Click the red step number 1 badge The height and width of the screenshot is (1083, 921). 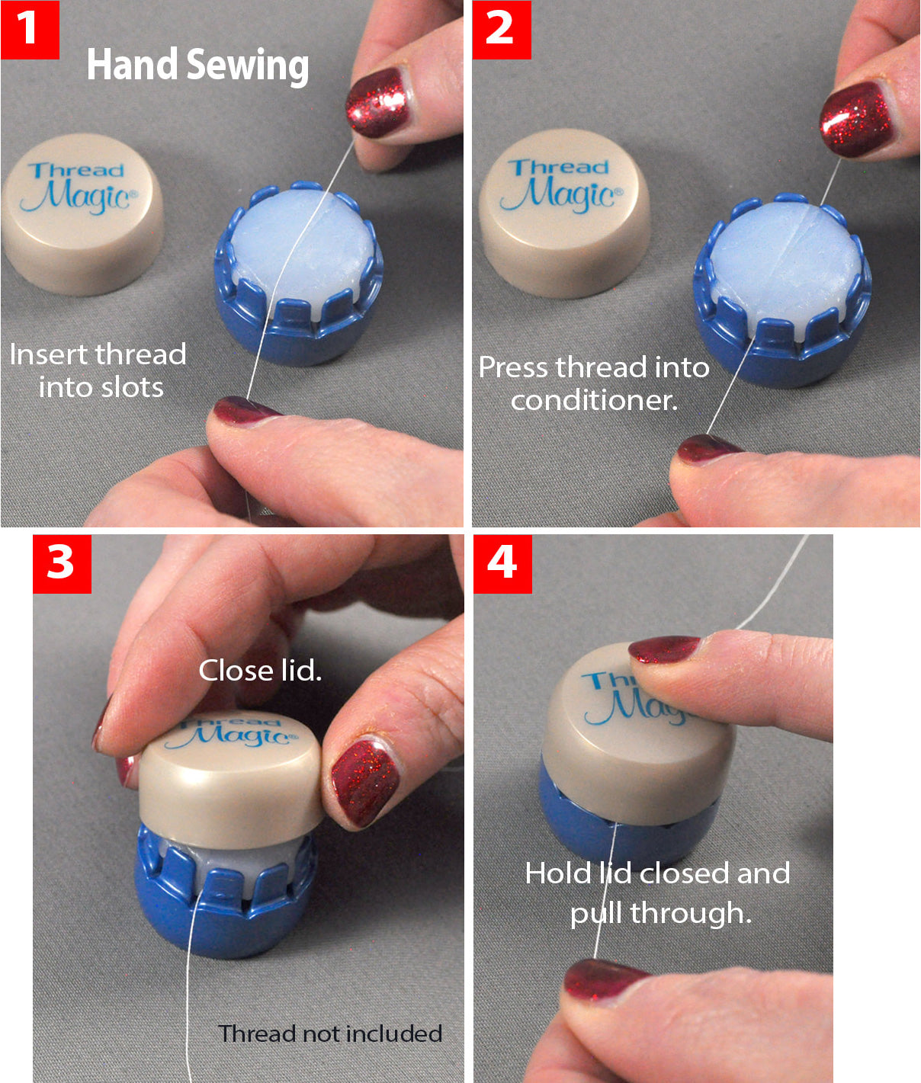tap(29, 30)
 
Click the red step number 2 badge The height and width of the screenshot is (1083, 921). tap(501, 30)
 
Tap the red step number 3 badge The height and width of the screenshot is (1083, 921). tap(62, 564)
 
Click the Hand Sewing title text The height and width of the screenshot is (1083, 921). tap(197, 66)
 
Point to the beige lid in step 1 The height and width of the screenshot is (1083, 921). tap(82, 216)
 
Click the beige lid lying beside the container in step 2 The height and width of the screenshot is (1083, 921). tap(563, 213)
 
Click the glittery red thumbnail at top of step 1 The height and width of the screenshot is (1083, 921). tap(377, 102)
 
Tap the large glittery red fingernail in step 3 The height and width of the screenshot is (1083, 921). tap(364, 781)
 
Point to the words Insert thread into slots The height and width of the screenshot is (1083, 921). tap(98, 370)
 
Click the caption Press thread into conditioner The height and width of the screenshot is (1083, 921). tap(593, 383)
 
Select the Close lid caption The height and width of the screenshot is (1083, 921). tap(260, 671)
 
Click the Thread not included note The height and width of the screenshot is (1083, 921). tap(330, 1033)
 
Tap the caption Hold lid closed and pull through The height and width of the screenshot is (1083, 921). tap(657, 892)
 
